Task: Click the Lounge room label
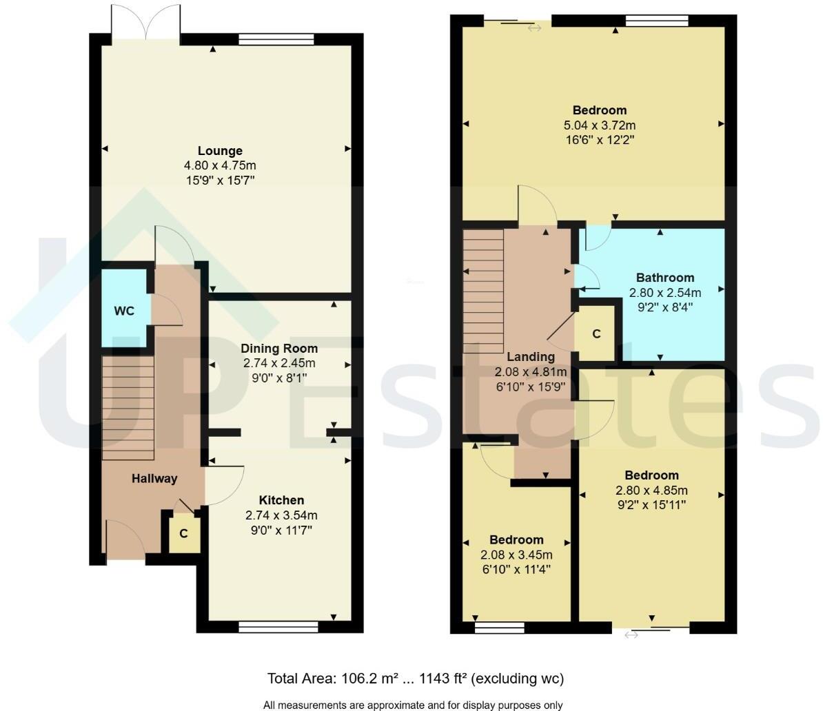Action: coord(220,151)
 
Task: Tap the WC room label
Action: coord(124,311)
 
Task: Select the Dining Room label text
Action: coord(279,349)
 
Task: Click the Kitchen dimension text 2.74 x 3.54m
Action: coord(281,515)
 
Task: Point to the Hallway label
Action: coord(154,479)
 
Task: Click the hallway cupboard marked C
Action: coord(183,533)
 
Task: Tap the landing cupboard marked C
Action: coord(596,334)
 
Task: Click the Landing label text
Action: coord(530,357)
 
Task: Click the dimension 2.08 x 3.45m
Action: coord(517,555)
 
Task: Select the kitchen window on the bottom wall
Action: coord(278,626)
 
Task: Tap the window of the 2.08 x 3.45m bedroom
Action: coord(499,627)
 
